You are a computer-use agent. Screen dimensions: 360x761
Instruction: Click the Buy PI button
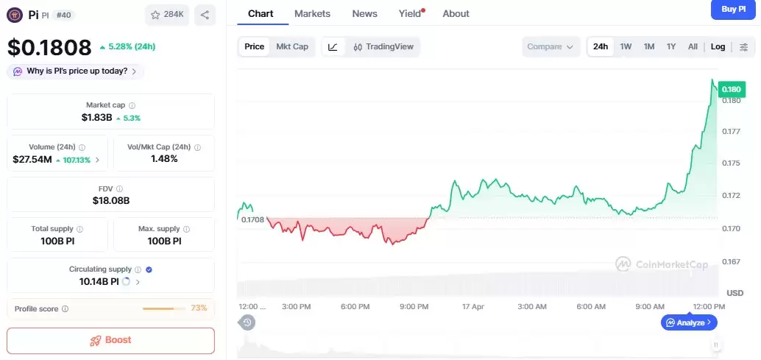pyautogui.click(x=733, y=9)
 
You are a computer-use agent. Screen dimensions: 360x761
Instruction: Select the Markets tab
pyautogui.click(x=312, y=13)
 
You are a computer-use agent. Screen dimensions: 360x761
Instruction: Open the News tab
pyautogui.click(x=364, y=13)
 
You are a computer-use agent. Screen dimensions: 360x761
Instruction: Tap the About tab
pyautogui.click(x=456, y=13)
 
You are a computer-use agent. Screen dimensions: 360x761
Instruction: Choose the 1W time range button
pyautogui.click(x=626, y=46)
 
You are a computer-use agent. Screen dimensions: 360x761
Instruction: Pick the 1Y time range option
pyautogui.click(x=670, y=46)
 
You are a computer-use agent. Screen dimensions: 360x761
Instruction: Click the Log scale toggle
pyautogui.click(x=718, y=46)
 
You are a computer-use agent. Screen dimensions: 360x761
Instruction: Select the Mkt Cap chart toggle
pyautogui.click(x=292, y=46)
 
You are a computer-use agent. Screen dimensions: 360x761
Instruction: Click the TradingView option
pyautogui.click(x=383, y=46)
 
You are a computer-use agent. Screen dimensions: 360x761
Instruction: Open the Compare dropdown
pyautogui.click(x=549, y=46)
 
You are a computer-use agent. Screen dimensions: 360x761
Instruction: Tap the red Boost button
pyautogui.click(x=110, y=340)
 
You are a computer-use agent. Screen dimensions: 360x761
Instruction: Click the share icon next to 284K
pyautogui.click(x=204, y=14)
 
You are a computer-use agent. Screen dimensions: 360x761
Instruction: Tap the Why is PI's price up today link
pyautogui.click(x=77, y=71)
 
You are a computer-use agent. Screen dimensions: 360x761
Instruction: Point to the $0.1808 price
pyautogui.click(x=49, y=48)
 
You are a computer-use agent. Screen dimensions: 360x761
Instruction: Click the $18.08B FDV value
pyautogui.click(x=110, y=200)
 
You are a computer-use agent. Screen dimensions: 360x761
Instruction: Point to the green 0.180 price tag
pyautogui.click(x=732, y=89)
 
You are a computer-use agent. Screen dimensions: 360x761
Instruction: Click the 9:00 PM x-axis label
pyautogui.click(x=414, y=306)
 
